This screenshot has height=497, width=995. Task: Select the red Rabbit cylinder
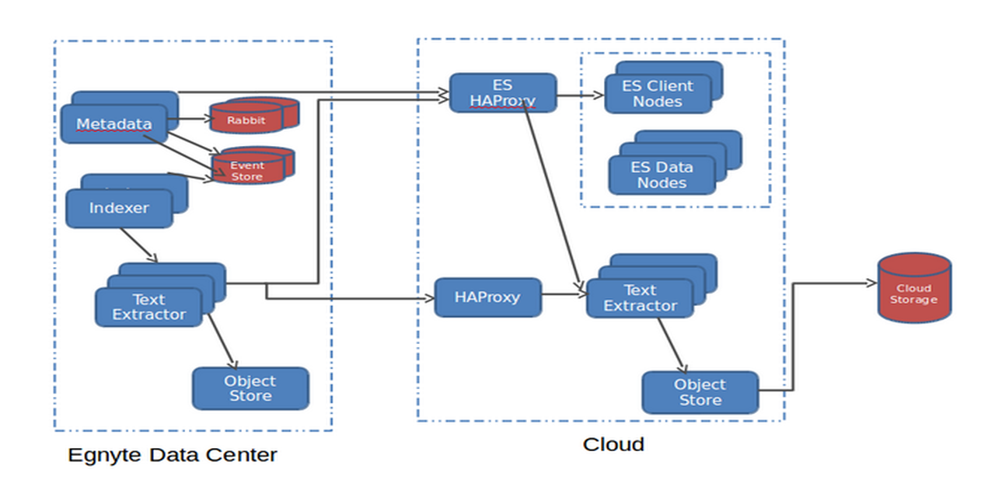[246, 120]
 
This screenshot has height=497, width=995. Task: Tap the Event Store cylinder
[247, 171]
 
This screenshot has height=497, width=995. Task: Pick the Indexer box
[119, 208]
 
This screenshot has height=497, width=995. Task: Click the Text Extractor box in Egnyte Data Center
[148, 308]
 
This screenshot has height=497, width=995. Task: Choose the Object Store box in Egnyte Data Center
[250, 388]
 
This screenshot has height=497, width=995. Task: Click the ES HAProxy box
[502, 93]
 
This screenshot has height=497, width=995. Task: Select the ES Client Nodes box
[658, 94]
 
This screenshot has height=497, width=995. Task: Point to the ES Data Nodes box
[662, 176]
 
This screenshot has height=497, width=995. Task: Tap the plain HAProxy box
[487, 297]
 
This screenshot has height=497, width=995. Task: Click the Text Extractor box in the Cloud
[640, 298]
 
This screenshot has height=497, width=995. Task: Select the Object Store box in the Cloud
[700, 392]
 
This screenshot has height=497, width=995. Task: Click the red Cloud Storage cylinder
[914, 288]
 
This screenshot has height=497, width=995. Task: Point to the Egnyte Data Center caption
[173, 454]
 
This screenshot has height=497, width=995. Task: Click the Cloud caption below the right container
[613, 444]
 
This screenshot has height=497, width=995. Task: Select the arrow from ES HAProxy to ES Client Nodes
[580, 96]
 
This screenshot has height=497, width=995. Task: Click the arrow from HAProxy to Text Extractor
[564, 294]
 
